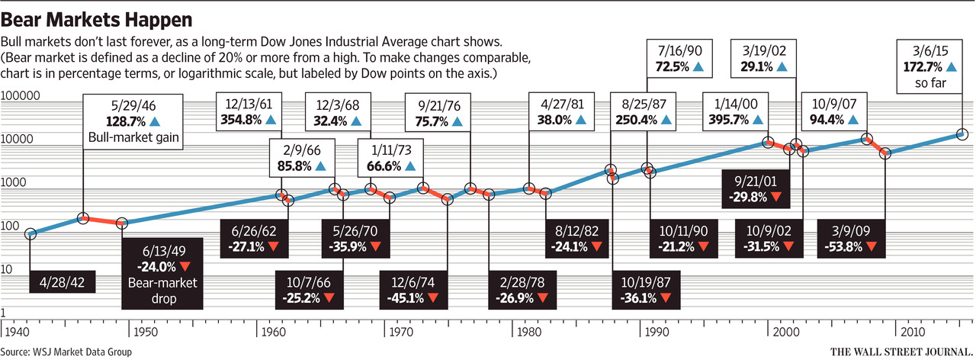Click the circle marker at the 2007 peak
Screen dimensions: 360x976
click(867, 139)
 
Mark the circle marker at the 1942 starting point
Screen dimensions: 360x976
click(30, 234)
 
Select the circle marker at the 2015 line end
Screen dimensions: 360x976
click(962, 134)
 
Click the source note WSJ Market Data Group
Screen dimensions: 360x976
click(66, 352)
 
